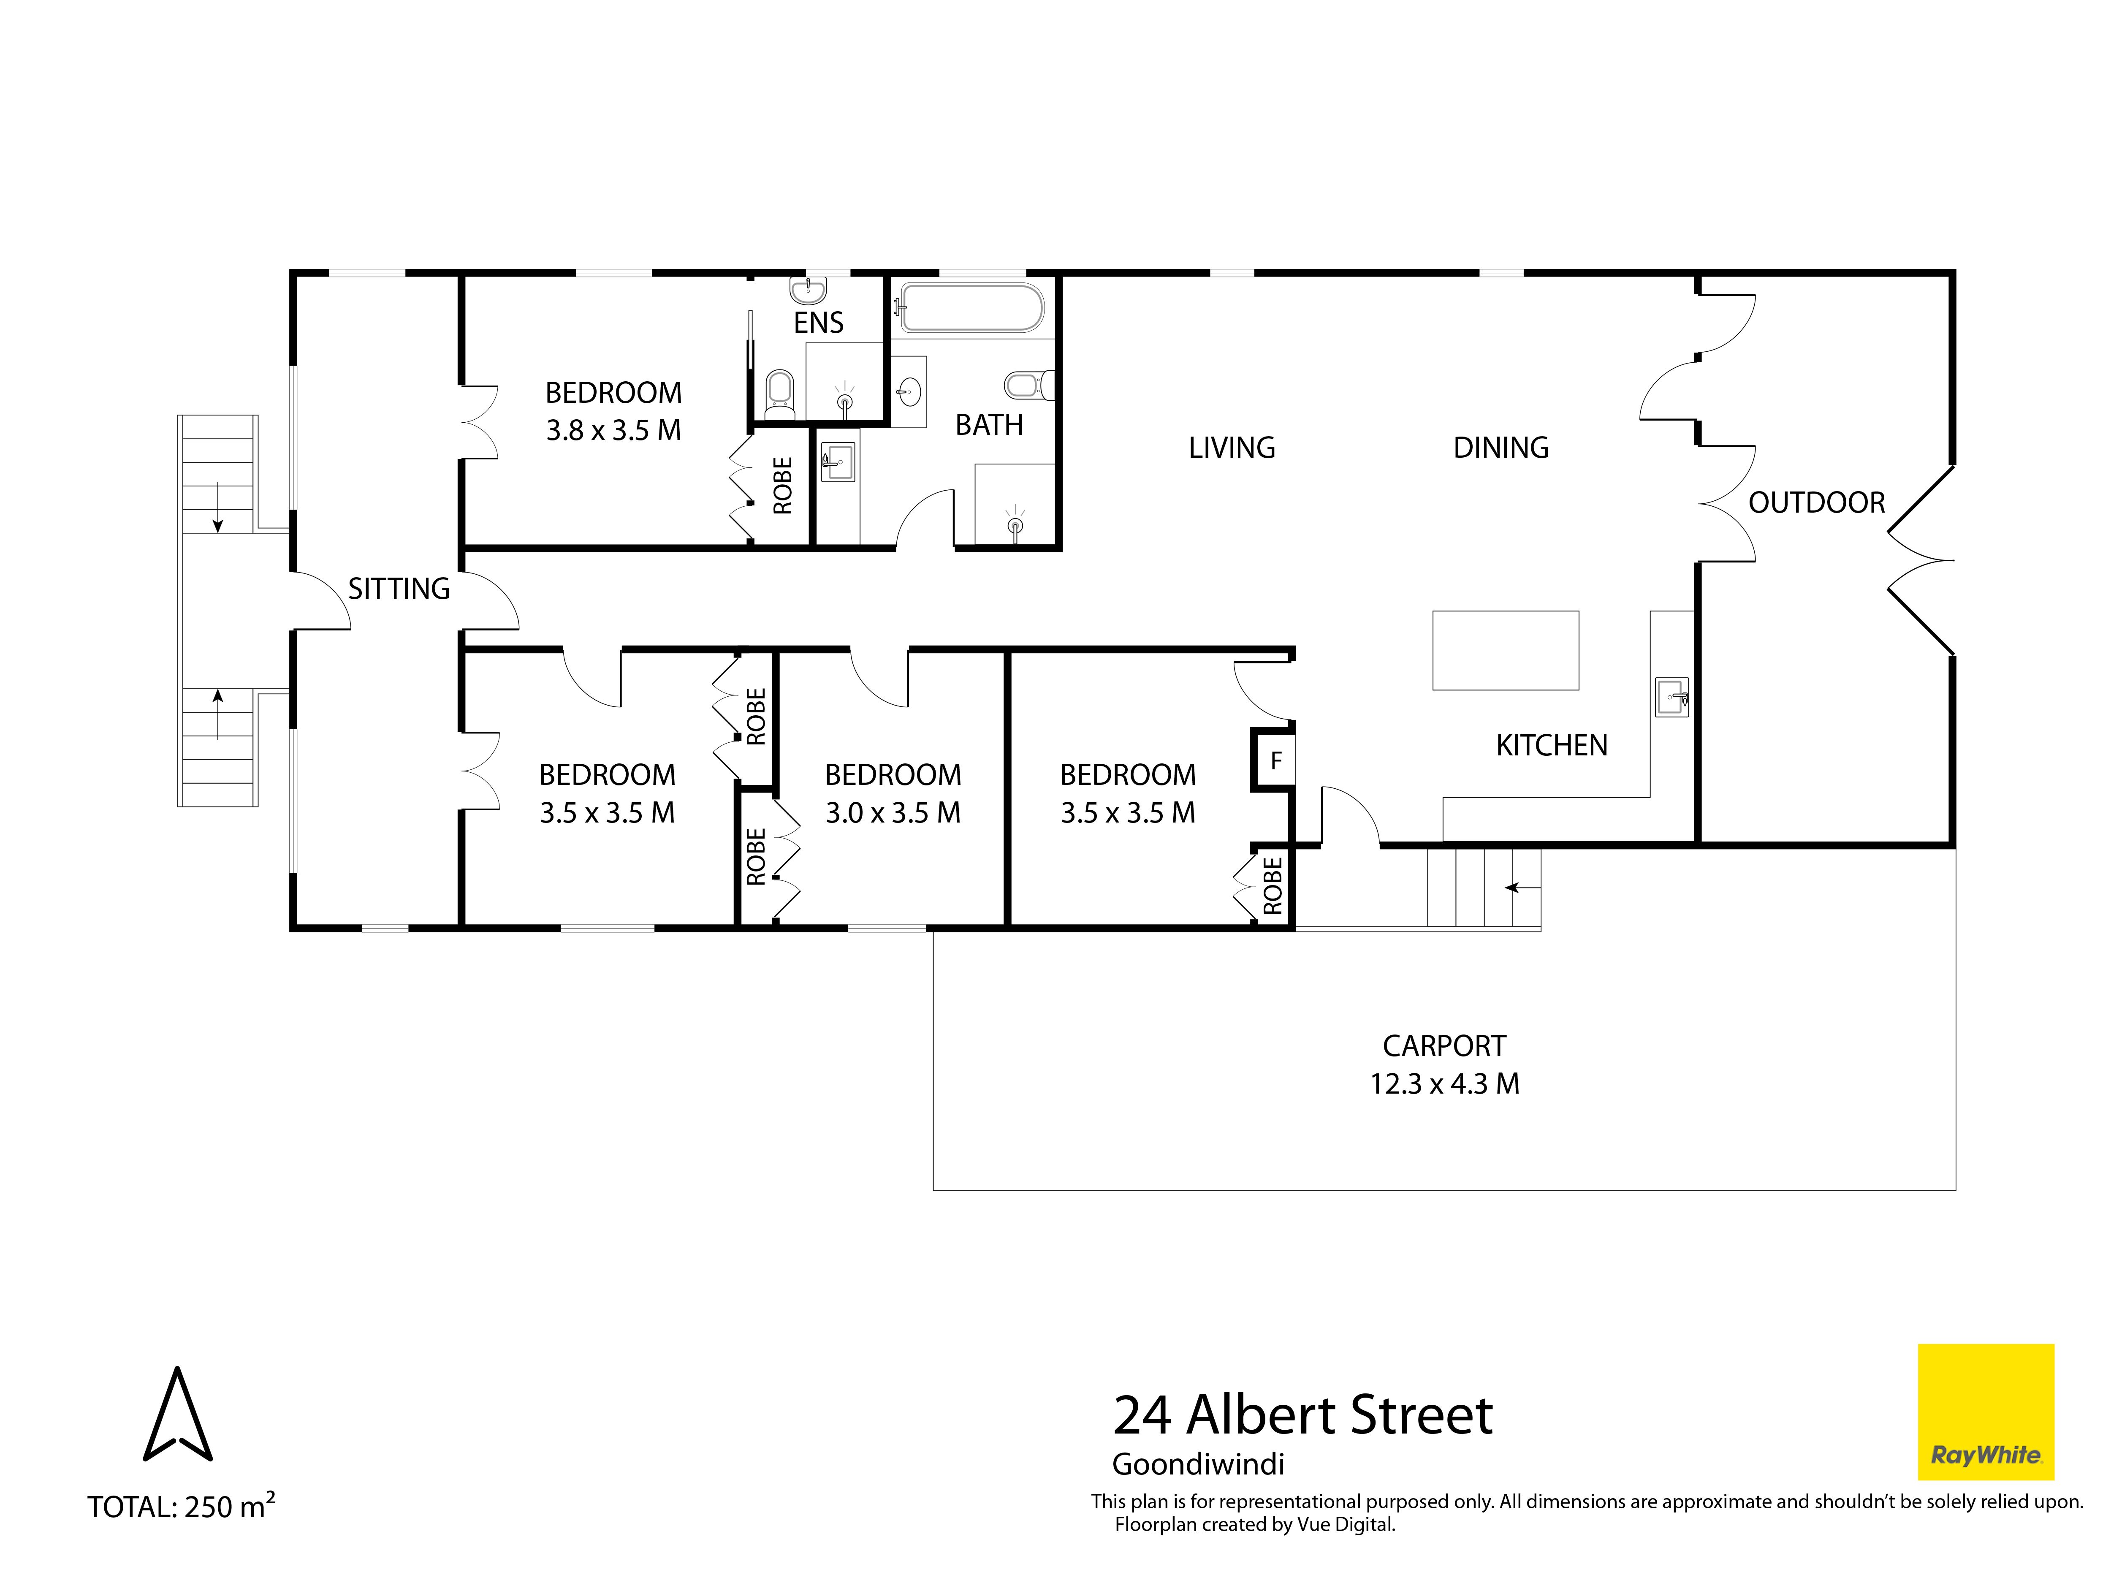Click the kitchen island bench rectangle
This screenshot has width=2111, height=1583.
[x=1505, y=650]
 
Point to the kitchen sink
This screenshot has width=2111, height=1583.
[x=1671, y=697]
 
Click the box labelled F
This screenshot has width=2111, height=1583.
[x=1273, y=760]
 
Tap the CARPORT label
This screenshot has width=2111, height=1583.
[x=1444, y=1046]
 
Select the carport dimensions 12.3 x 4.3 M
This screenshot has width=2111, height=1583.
[x=1444, y=1084]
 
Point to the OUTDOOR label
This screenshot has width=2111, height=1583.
[x=1816, y=503]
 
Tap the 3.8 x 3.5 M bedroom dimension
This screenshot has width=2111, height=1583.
[x=613, y=430]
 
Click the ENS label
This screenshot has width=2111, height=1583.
[x=819, y=323]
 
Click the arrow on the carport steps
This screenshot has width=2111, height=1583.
[x=1522, y=888]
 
